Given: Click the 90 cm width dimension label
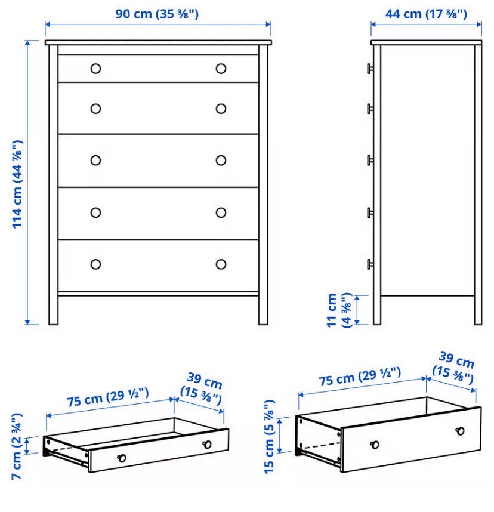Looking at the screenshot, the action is point(157,14).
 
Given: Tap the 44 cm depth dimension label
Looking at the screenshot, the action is point(426,14).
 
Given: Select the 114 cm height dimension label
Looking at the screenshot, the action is point(17,184).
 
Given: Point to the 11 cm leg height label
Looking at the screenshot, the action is point(339,310).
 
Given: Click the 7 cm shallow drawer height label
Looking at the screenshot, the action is point(16,446).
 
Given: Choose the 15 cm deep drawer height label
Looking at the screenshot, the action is point(269,437).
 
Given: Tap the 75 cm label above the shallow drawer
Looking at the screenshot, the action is point(108,397).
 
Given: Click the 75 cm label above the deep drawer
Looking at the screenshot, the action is point(360,376).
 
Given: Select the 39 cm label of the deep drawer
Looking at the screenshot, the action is point(453,368).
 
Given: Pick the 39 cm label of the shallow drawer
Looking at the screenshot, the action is point(202,388).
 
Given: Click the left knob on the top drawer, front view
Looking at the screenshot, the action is point(95,69).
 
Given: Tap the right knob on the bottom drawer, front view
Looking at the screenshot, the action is point(221,264).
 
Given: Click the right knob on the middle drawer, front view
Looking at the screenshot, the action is point(221,161).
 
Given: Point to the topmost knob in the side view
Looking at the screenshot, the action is point(370,69).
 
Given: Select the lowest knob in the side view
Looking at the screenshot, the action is point(370,264).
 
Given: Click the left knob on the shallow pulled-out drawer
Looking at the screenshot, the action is point(122,458).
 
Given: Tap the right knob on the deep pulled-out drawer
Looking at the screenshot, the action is point(461,431).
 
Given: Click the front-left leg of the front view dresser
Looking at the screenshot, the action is point(54,185).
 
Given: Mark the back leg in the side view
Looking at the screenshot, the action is point(478,185).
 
